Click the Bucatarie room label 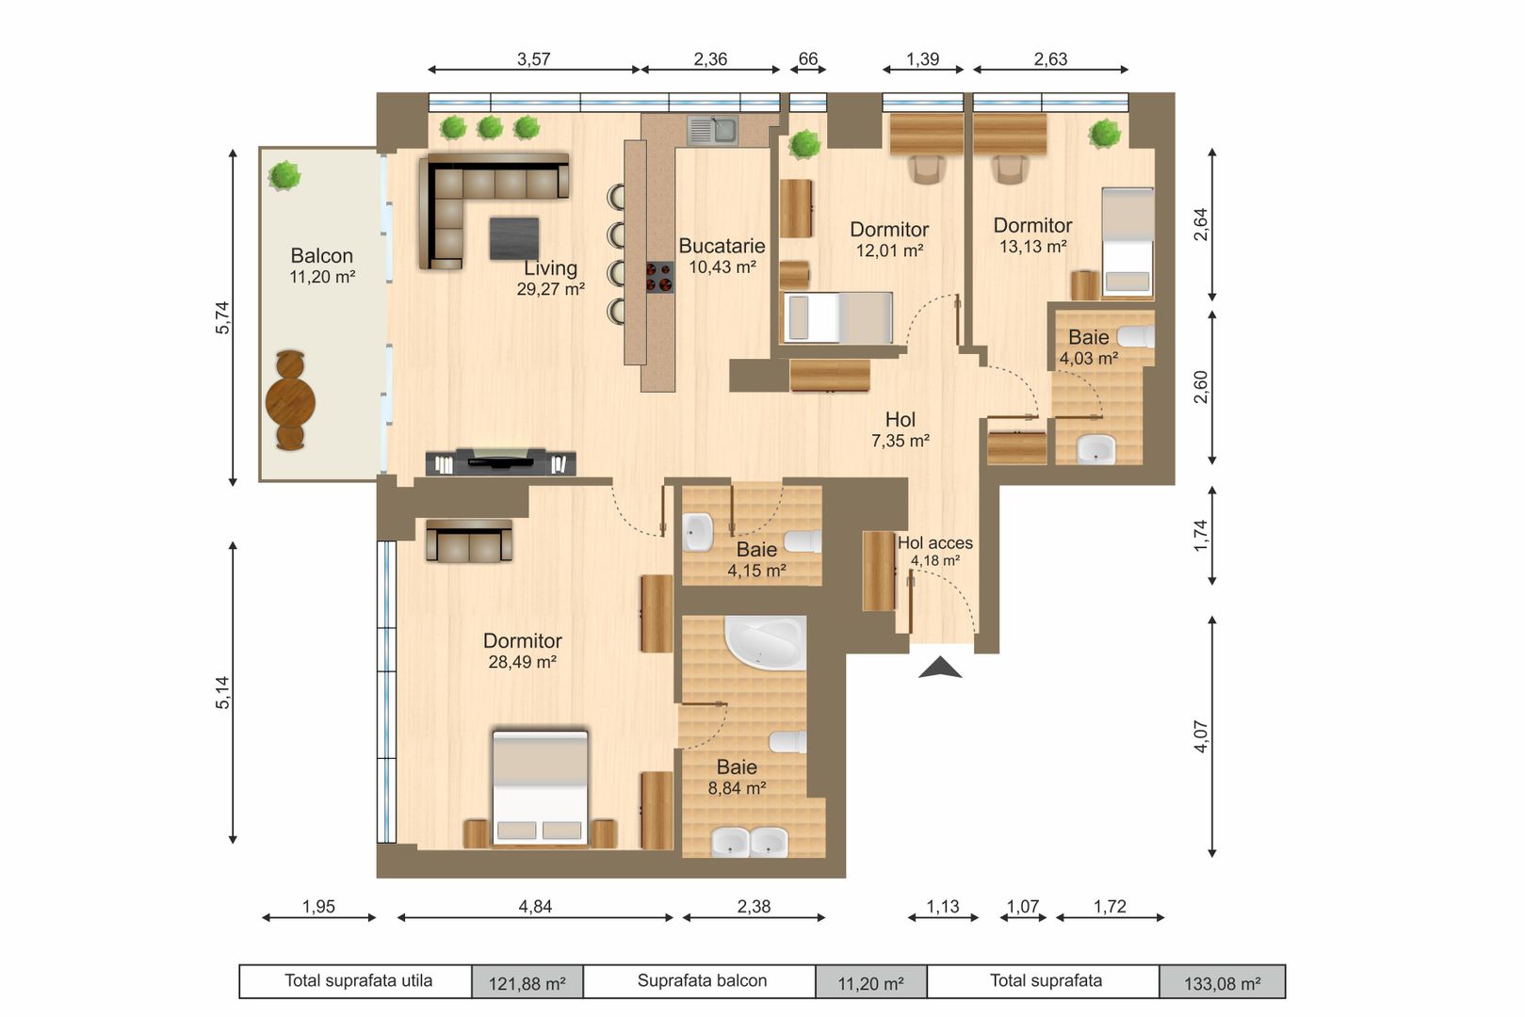pyautogui.click(x=722, y=247)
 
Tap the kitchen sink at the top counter pyautogui.click(x=712, y=130)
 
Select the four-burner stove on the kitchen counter pyautogui.click(x=659, y=277)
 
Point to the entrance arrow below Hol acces pyautogui.click(x=940, y=668)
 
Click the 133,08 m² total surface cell pyautogui.click(x=1222, y=983)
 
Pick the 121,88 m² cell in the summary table pyautogui.click(x=527, y=983)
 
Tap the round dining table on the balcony pyautogui.click(x=290, y=401)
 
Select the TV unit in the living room pyautogui.click(x=500, y=461)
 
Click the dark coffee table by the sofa pyautogui.click(x=514, y=237)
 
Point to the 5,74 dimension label pyautogui.click(x=222, y=317)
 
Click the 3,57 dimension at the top pyautogui.click(x=533, y=58)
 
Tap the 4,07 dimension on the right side pyautogui.click(x=1200, y=735)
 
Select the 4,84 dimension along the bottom pyautogui.click(x=535, y=906)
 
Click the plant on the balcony pyautogui.click(x=284, y=175)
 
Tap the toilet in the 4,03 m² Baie pyautogui.click(x=1137, y=336)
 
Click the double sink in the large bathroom pyautogui.click(x=750, y=841)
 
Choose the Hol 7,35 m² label pyautogui.click(x=900, y=428)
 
